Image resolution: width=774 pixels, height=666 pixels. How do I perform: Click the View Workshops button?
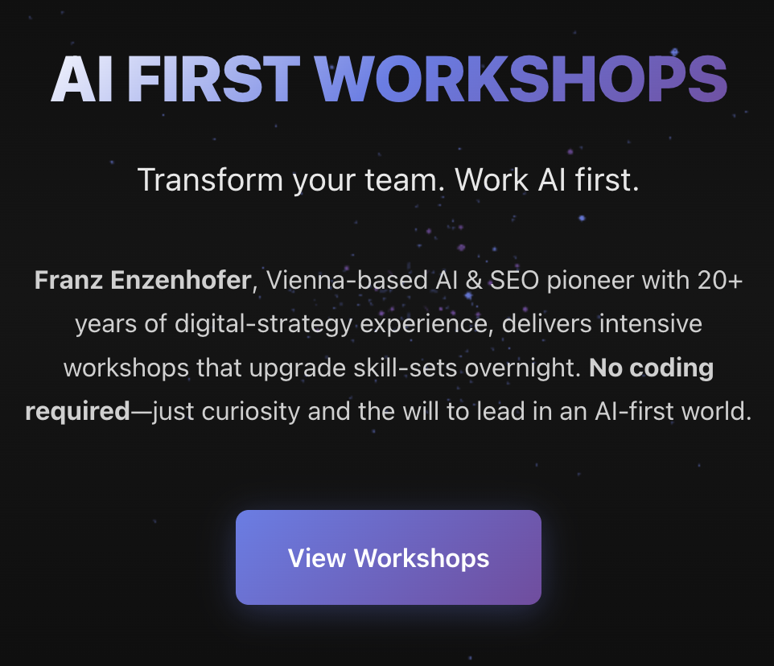coord(389,557)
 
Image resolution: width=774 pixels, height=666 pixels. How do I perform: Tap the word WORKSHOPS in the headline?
coord(521,79)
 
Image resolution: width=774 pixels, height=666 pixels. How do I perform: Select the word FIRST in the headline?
coord(214,79)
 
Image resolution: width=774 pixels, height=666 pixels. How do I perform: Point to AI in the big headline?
coord(82,79)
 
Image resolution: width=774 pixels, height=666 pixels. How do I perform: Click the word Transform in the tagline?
coord(210,179)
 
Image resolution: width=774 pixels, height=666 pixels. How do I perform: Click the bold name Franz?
coord(68,280)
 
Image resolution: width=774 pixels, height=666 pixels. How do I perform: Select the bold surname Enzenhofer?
coord(181,280)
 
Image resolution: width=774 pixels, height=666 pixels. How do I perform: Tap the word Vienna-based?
coord(348,280)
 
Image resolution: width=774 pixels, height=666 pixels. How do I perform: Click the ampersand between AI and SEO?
coord(474,281)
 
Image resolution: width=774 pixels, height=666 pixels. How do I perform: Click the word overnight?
coord(523,369)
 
